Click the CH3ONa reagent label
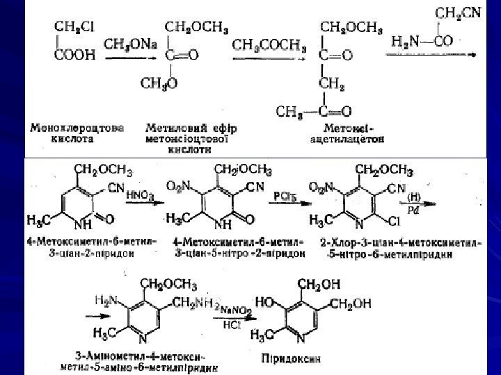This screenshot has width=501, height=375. (130, 44)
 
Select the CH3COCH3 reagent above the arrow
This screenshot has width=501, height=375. (269, 45)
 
